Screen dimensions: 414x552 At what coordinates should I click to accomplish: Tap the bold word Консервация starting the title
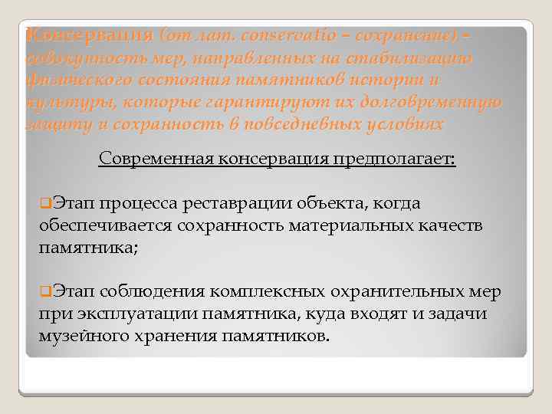click(x=89, y=35)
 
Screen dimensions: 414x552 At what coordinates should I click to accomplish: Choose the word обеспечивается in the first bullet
click(x=105, y=226)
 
